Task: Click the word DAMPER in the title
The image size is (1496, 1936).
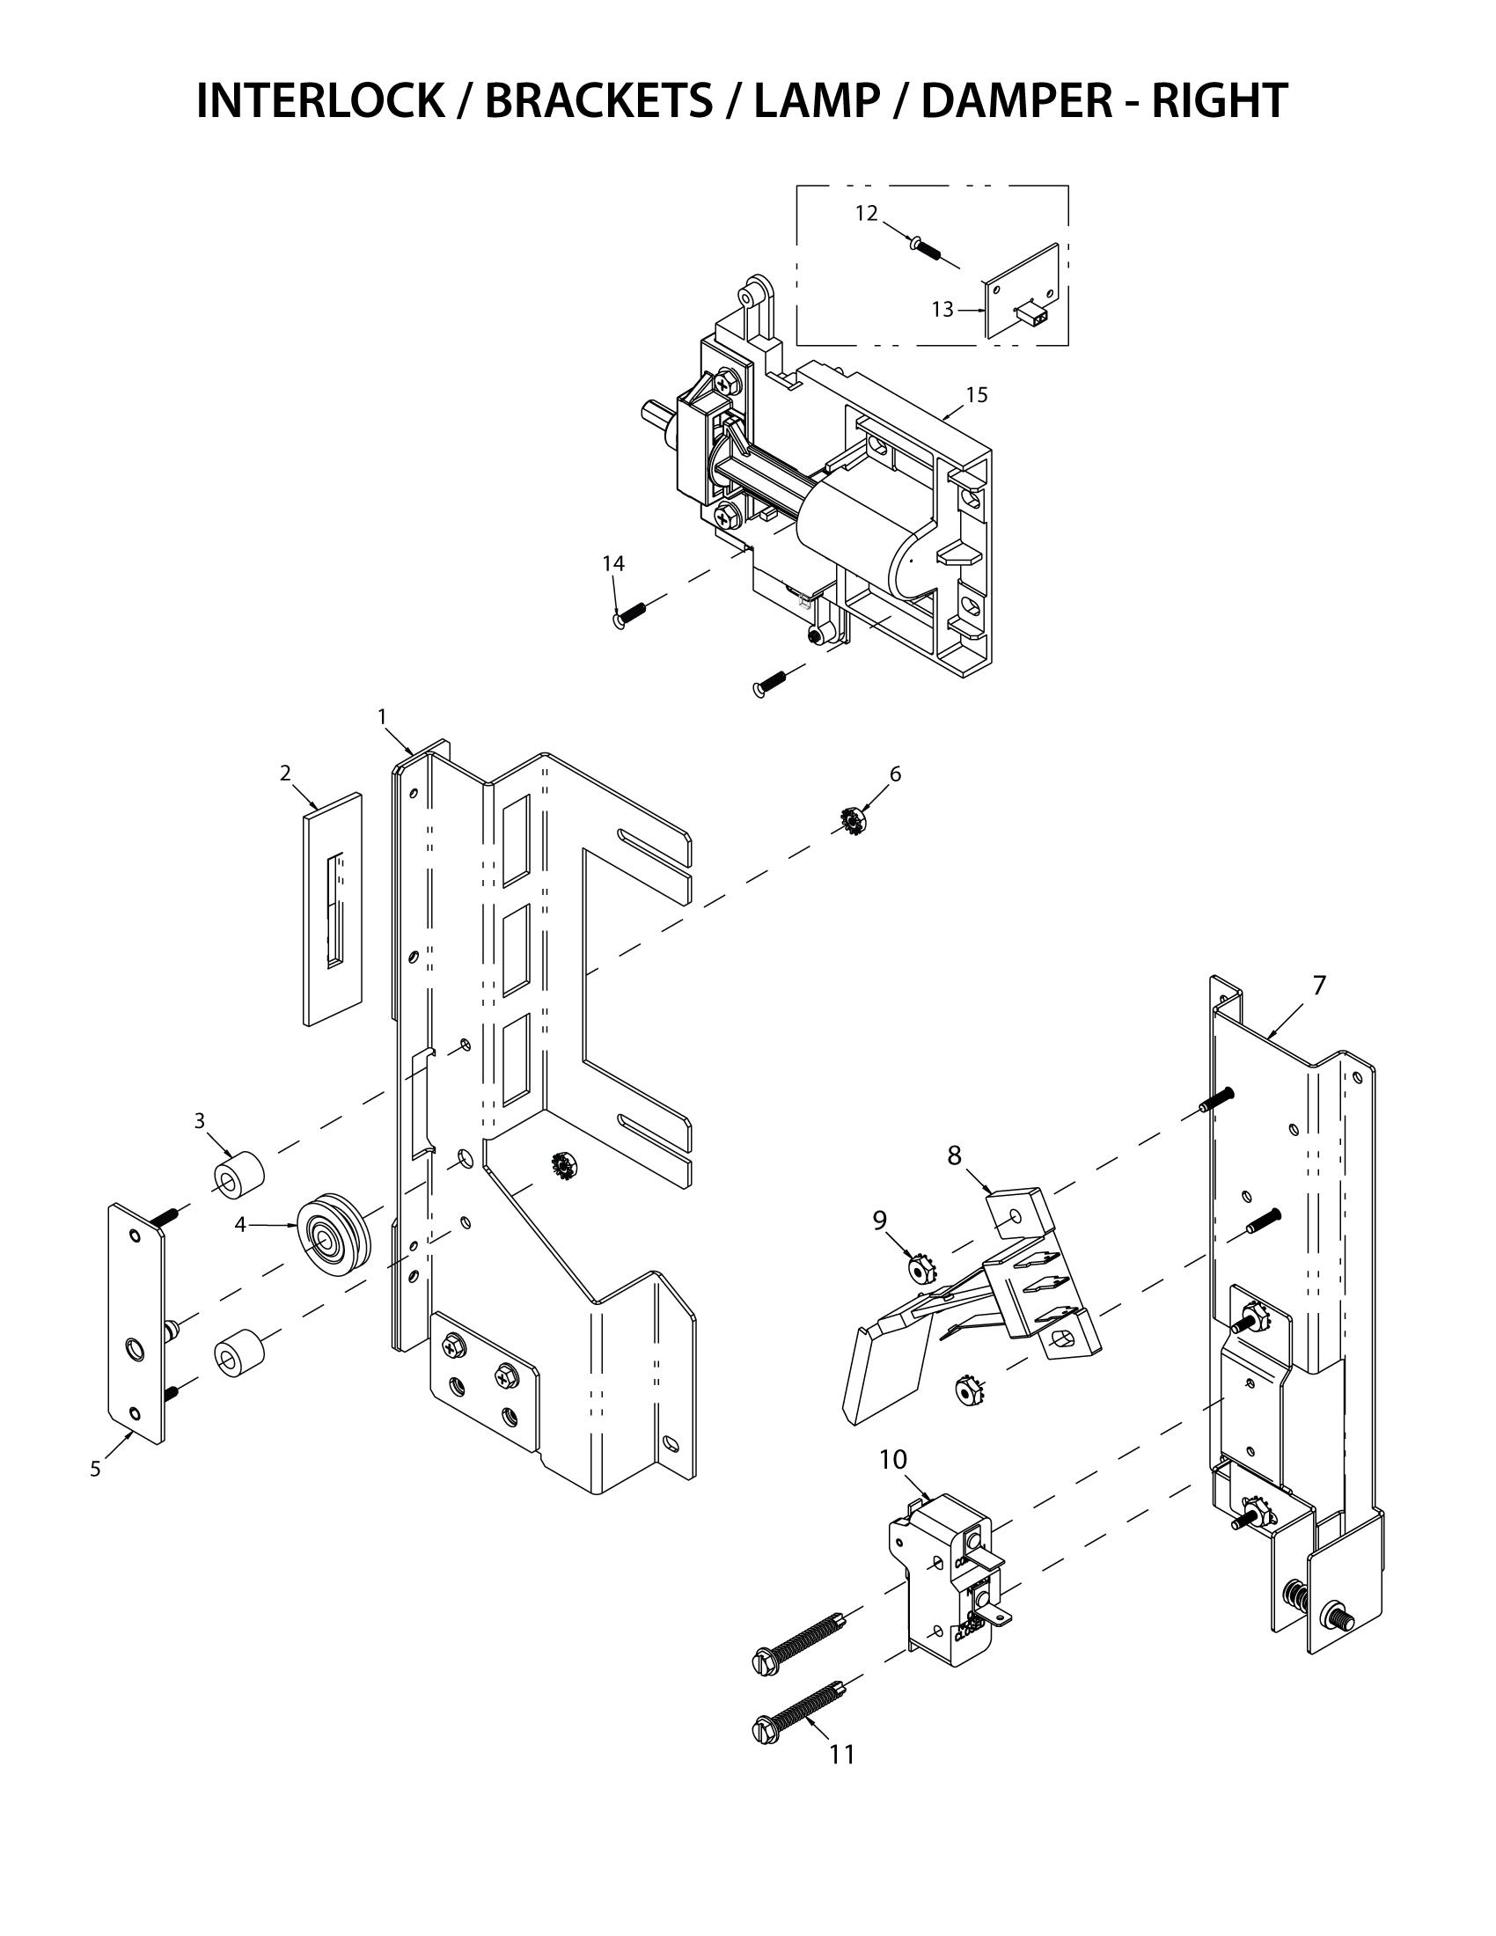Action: pyautogui.click(x=1016, y=100)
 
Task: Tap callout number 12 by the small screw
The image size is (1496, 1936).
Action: pyautogui.click(x=866, y=213)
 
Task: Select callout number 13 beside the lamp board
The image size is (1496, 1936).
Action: pyautogui.click(x=942, y=310)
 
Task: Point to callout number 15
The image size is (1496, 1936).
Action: pyautogui.click(x=977, y=394)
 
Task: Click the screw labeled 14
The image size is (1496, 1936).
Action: pyautogui.click(x=630, y=613)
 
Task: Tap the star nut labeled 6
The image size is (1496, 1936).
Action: pyautogui.click(x=852, y=822)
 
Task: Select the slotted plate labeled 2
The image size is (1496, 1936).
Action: pyautogui.click(x=334, y=909)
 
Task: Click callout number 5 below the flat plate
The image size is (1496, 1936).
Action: pyautogui.click(x=95, y=1469)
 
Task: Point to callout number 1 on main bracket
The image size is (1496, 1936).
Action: pyautogui.click(x=382, y=716)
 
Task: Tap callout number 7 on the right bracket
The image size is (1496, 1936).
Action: pyautogui.click(x=1319, y=985)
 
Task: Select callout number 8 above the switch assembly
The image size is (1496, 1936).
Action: pyautogui.click(x=954, y=1156)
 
